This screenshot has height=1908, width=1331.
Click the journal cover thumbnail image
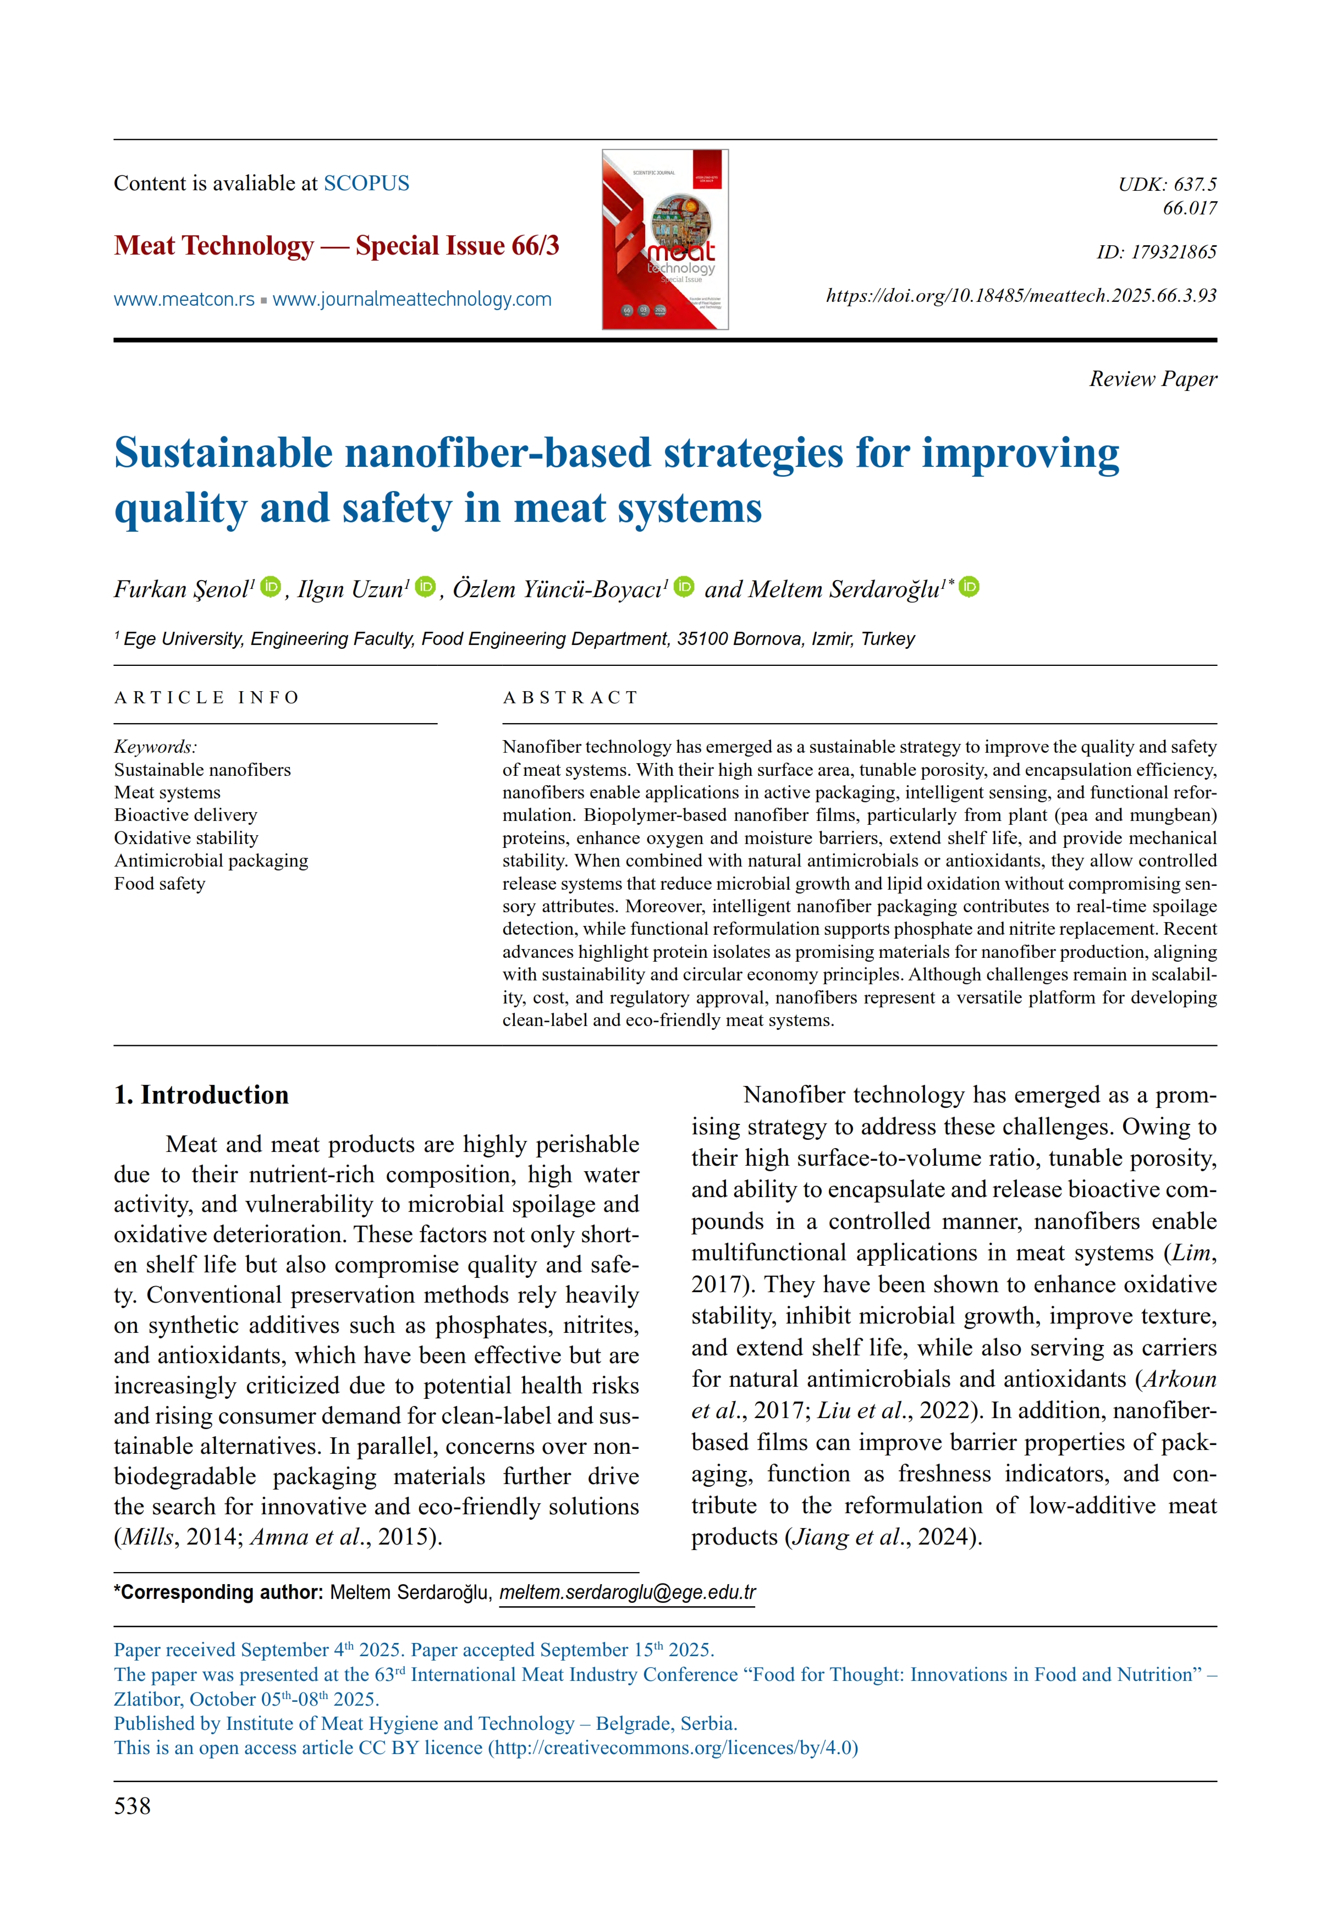click(x=664, y=239)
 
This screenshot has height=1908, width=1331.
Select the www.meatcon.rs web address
click(x=184, y=299)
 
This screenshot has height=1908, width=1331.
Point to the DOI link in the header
click(x=1020, y=296)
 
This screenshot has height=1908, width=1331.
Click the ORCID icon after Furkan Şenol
click(x=270, y=588)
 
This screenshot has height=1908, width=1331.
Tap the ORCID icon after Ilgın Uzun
click(x=425, y=588)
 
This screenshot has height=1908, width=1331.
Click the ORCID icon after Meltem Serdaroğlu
click(x=969, y=588)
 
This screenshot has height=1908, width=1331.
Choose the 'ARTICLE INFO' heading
click(x=206, y=697)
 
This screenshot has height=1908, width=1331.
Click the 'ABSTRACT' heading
click(x=570, y=697)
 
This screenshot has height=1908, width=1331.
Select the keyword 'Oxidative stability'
click(x=186, y=837)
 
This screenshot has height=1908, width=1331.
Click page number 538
click(x=132, y=1806)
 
